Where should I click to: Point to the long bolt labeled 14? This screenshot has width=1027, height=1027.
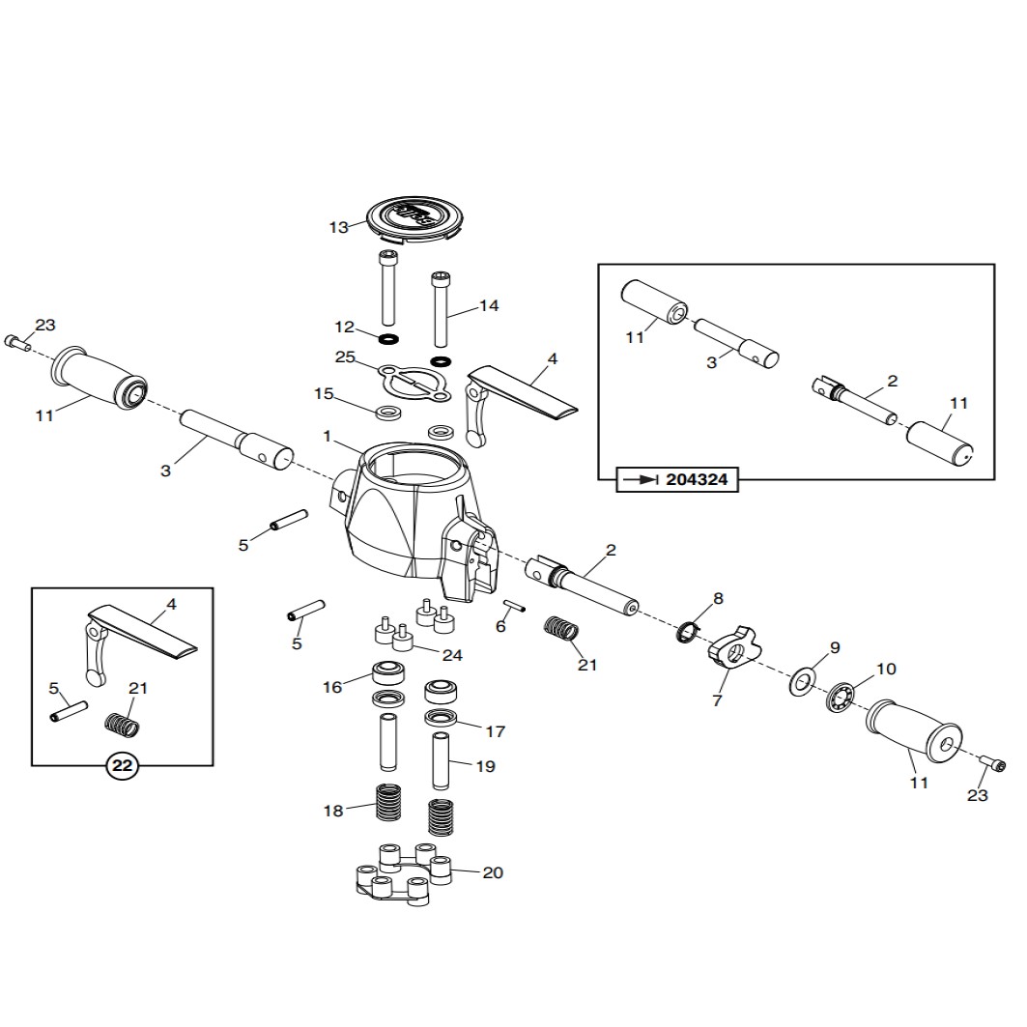coord(441,308)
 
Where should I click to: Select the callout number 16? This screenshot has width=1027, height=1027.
coord(332,687)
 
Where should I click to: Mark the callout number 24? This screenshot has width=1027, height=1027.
coord(451,655)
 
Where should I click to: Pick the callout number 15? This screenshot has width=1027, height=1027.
coord(324,393)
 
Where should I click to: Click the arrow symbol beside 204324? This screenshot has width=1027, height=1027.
coord(641,479)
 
